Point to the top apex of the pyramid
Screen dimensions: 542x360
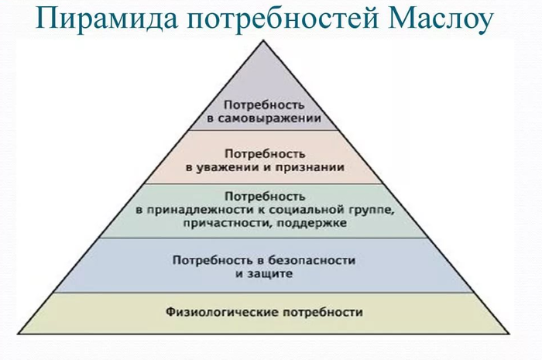click(x=263, y=41)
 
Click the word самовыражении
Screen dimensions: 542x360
click(x=269, y=118)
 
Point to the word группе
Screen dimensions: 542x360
click(x=372, y=211)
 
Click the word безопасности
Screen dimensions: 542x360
click(x=312, y=260)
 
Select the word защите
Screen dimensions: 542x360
click(x=269, y=274)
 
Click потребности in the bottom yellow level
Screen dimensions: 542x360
click(x=323, y=313)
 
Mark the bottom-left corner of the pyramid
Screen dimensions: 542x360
click(x=19, y=334)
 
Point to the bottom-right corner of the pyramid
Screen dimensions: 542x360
click(x=509, y=334)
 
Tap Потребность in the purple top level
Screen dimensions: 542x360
click(x=265, y=105)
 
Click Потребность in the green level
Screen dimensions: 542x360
click(x=265, y=197)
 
